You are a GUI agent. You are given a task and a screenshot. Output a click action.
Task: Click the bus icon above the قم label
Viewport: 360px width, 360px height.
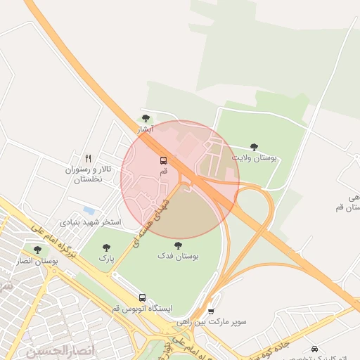click(x=164, y=160)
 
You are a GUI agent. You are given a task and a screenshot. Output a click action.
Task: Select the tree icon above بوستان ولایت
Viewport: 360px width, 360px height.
click(x=254, y=147)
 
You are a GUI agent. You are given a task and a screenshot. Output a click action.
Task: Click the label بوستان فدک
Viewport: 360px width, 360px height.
click(x=178, y=257)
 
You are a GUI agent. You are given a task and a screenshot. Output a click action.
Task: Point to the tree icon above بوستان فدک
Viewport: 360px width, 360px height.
click(x=177, y=245)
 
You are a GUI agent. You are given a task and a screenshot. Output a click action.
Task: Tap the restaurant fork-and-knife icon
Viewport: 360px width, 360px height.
click(x=88, y=158)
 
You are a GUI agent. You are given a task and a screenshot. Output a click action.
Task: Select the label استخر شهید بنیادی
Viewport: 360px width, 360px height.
click(x=91, y=222)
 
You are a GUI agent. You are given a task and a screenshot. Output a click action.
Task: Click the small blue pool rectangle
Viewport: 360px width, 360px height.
click(x=89, y=210)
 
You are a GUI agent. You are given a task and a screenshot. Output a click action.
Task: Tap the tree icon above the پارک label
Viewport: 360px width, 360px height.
click(x=106, y=247)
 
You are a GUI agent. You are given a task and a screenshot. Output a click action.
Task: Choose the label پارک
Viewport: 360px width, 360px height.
click(x=106, y=259)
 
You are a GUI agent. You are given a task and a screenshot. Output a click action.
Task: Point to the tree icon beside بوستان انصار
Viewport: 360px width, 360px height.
click(x=37, y=249)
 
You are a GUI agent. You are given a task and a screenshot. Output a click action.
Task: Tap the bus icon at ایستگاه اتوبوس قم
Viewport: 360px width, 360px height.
click(x=142, y=298)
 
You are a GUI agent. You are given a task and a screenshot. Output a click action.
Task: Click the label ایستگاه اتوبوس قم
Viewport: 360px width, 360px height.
click(x=141, y=309)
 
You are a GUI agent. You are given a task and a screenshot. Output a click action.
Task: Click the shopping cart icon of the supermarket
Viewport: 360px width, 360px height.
click(x=211, y=310)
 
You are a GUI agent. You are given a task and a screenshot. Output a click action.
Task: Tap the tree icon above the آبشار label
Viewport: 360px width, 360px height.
click(x=146, y=118)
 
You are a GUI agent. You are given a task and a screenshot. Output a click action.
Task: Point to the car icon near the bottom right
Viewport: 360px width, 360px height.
click(x=314, y=349)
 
